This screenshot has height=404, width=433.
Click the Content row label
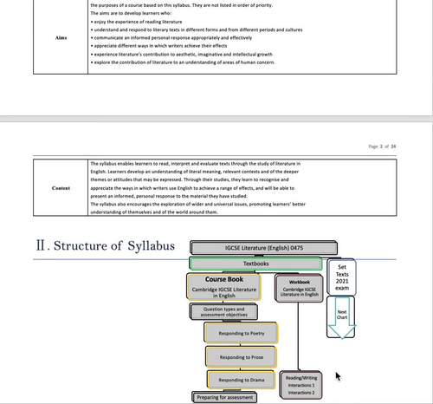tap(61, 186)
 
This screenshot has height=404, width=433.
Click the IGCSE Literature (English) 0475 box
tap(255, 248)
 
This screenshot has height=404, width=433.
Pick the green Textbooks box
tap(255, 263)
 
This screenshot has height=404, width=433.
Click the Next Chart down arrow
tap(342, 317)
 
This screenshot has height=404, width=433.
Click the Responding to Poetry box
tap(241, 333)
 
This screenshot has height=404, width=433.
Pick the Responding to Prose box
tap(241, 356)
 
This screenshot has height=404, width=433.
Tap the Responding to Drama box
tap(241, 380)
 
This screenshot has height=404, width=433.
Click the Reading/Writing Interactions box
tap(301, 384)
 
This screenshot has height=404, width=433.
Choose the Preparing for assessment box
tap(225, 397)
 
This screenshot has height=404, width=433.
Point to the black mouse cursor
tap(338, 376)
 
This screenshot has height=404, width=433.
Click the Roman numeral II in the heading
tap(42, 245)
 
